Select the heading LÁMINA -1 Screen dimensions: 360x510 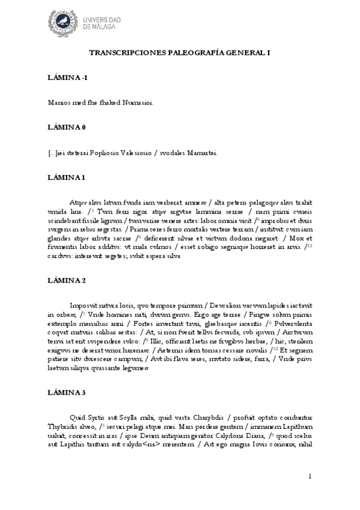(67, 78)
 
